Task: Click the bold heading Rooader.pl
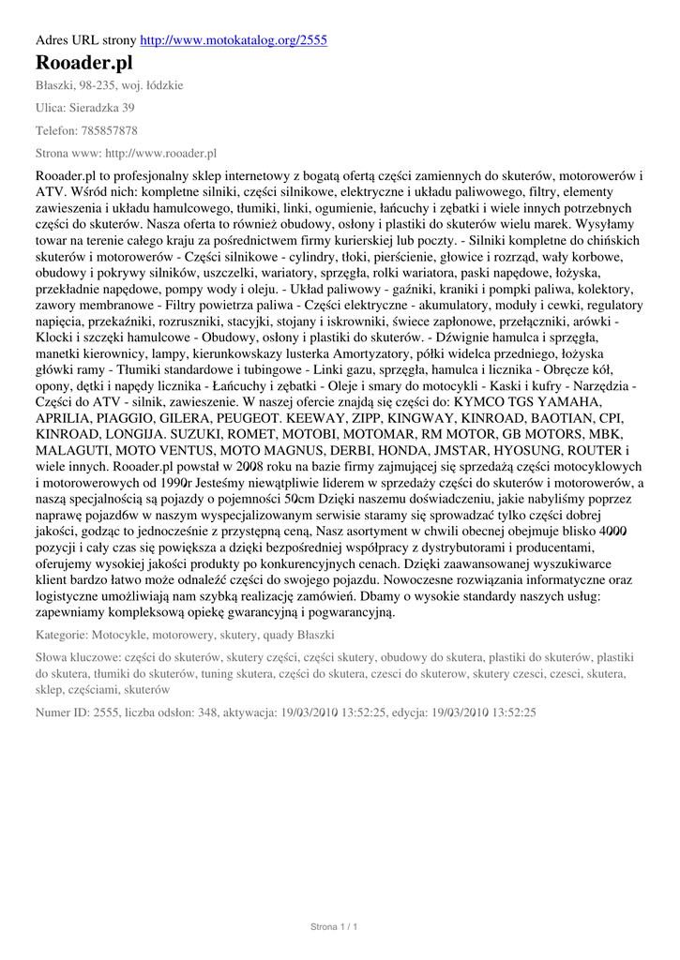pos(83,63)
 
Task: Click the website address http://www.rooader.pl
pos(160,153)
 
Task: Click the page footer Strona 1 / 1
pos(334,927)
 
